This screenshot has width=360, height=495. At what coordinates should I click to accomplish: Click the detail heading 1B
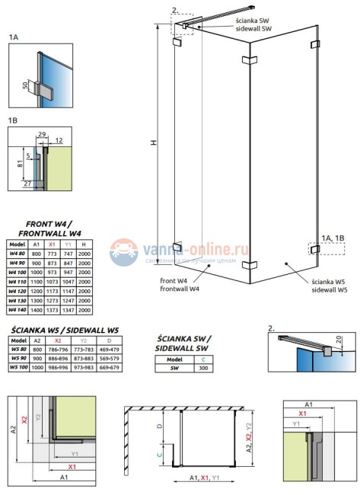tap(14, 119)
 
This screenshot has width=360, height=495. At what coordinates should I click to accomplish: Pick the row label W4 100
tap(18, 272)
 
